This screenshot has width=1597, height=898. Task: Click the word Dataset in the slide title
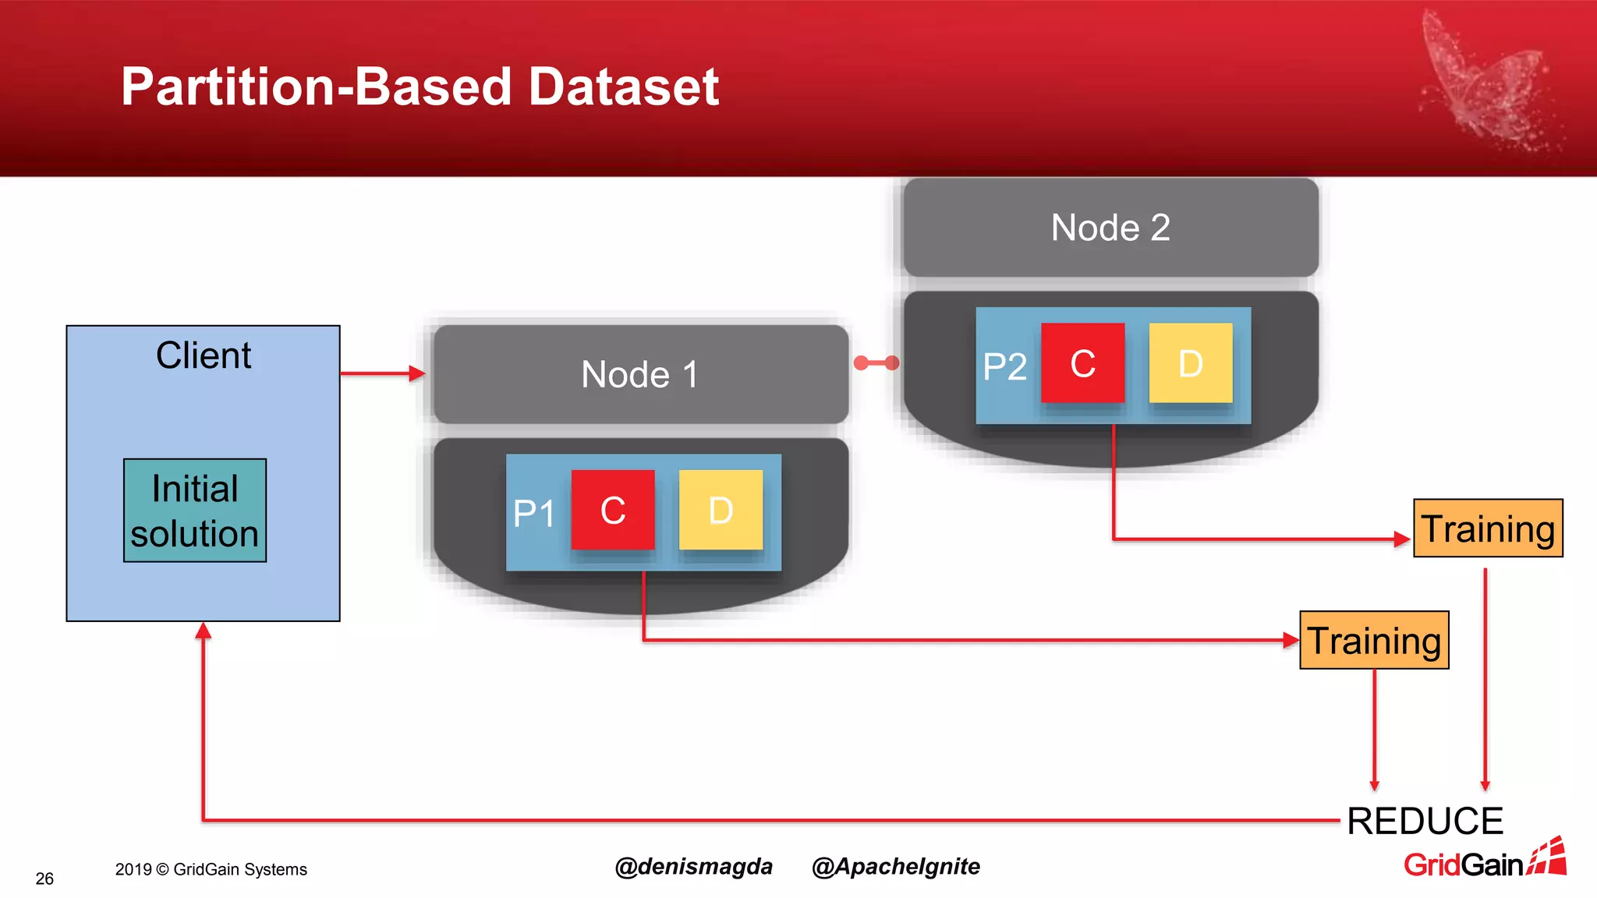(623, 86)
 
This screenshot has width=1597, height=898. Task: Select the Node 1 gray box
(640, 375)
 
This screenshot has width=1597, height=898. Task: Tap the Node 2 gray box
(1110, 228)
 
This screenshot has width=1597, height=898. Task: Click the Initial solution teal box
(195, 511)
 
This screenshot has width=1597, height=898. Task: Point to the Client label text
(204, 355)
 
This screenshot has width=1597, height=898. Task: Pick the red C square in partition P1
(613, 511)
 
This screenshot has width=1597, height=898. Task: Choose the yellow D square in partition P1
(721, 511)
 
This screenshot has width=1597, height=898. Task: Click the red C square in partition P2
(1082, 363)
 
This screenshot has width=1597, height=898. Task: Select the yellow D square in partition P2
(1191, 363)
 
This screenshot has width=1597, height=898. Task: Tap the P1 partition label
(534, 514)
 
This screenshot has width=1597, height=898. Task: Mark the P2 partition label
(1004, 366)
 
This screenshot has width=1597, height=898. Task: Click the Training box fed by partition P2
(1488, 529)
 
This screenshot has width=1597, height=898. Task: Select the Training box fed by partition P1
(1374, 641)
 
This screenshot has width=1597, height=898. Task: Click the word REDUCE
(1425, 821)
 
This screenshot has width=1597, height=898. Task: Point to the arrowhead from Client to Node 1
(417, 374)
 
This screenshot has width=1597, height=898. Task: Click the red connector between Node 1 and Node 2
(876, 363)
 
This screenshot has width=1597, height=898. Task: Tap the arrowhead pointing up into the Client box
(204, 631)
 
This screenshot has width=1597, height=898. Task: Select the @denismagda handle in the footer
(693, 867)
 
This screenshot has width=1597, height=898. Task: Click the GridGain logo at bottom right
(1484, 860)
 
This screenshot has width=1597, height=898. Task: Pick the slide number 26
(44, 879)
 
